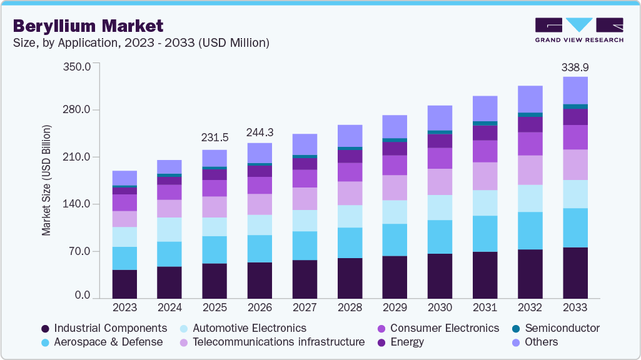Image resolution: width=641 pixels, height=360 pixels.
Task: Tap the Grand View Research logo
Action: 578,30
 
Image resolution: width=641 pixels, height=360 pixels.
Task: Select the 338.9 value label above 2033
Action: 575,67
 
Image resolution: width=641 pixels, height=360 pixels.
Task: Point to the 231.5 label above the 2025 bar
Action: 215,137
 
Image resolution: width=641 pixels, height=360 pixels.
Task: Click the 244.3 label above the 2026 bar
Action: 260,132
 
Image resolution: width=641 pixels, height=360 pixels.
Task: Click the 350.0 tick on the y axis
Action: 78,66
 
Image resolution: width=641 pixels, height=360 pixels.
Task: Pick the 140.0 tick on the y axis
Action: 78,204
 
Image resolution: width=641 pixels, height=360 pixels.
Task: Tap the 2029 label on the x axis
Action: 395,308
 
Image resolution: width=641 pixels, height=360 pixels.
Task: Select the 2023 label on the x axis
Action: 124,308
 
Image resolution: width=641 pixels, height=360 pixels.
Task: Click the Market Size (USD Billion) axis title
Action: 46,181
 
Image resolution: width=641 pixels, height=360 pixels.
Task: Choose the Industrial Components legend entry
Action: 110,328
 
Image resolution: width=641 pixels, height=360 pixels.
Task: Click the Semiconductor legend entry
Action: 562,328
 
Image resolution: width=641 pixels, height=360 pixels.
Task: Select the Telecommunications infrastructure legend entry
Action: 278,342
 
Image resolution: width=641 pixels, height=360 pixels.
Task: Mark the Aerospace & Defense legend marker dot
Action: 45,342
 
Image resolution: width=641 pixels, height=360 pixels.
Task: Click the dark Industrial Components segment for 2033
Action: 575,273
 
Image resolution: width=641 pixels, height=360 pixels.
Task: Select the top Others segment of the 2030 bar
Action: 440,117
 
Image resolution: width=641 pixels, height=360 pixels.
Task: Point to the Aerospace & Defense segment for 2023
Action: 124,258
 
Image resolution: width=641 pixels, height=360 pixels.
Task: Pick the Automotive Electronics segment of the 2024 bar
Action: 169,229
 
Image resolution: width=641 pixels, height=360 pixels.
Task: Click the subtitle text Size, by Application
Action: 141,42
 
